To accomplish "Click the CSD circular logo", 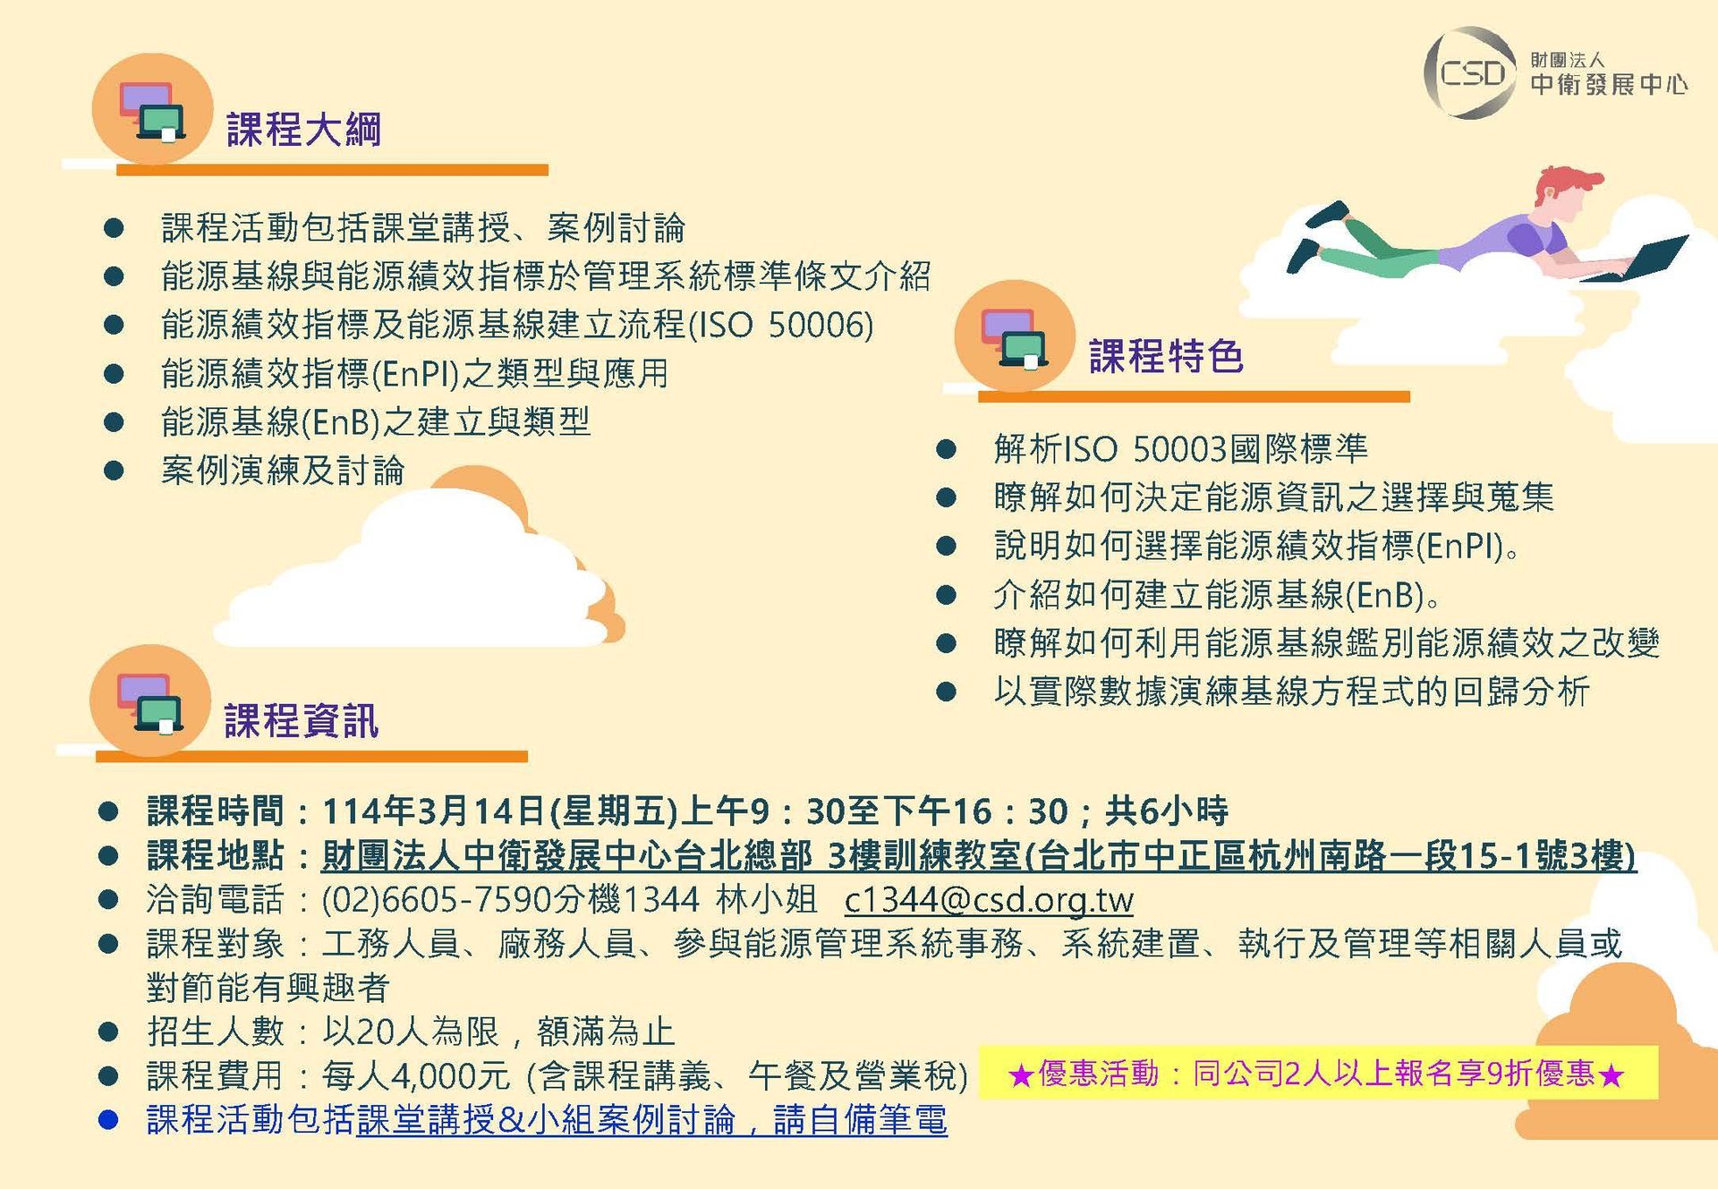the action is (x=1469, y=72).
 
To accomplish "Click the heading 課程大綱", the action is (x=304, y=130).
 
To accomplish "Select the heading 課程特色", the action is (x=1166, y=356).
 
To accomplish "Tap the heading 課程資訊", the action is (x=302, y=721).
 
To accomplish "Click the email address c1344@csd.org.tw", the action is (x=989, y=899).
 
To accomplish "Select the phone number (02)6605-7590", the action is (x=424, y=899).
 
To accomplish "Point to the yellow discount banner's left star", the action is (x=1020, y=1074).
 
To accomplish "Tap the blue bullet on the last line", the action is (x=108, y=1120).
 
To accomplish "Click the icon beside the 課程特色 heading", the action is (x=1015, y=337).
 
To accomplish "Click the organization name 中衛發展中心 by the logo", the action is (x=1609, y=84).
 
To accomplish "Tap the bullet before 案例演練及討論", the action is (x=114, y=471).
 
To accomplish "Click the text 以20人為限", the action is (x=411, y=1032).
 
